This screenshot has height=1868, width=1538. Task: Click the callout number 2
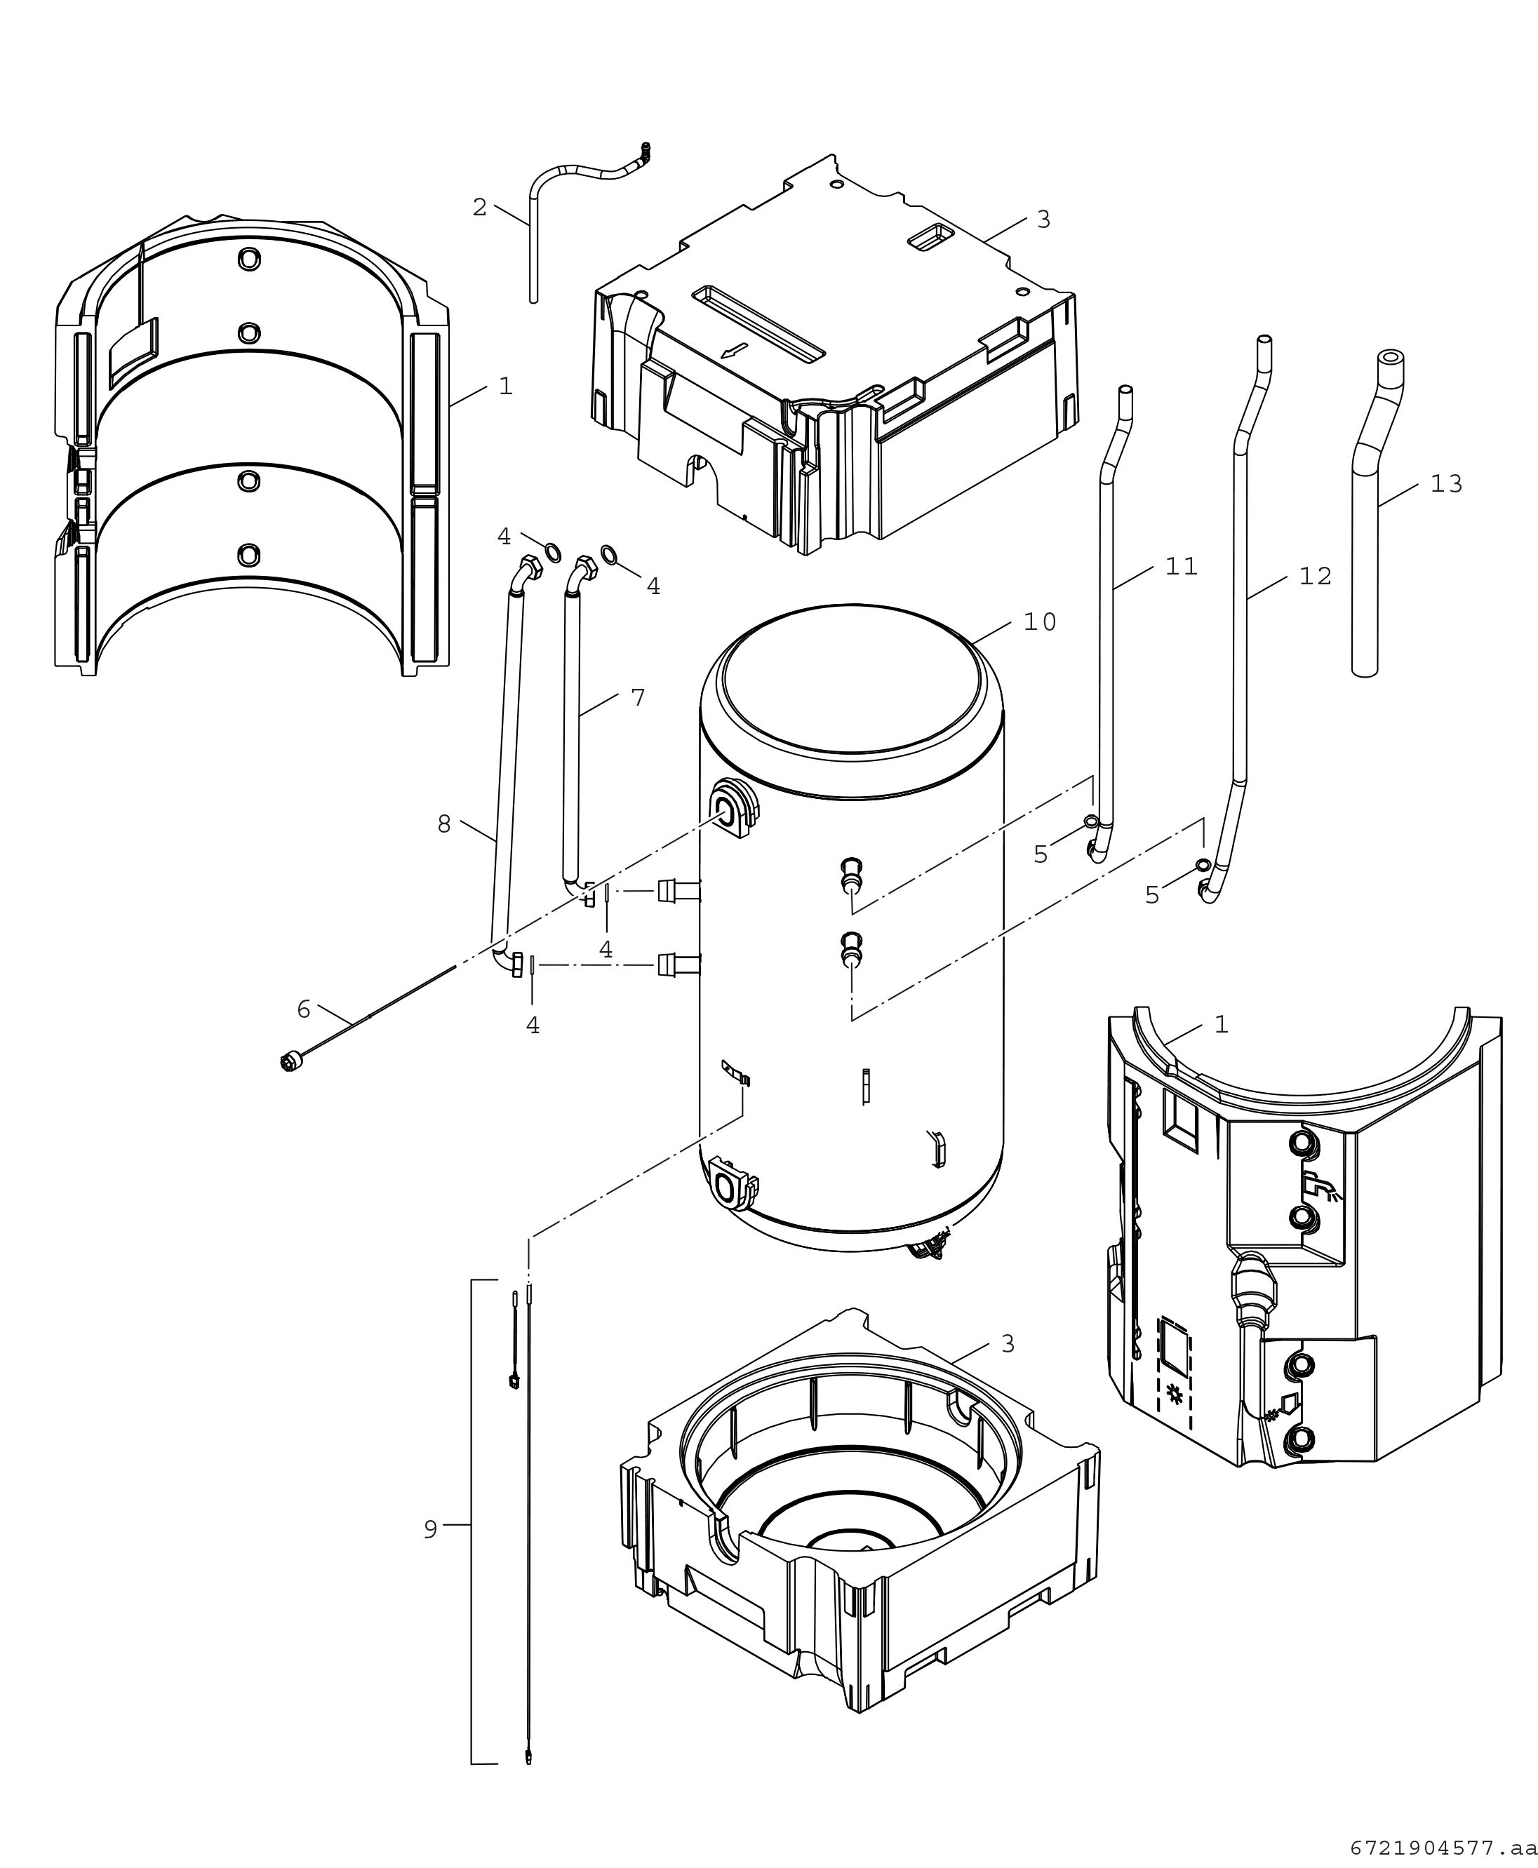point(479,207)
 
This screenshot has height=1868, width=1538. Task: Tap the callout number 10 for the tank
point(1040,623)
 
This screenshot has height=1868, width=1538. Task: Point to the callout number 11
point(1181,567)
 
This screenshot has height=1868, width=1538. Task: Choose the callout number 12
point(1316,577)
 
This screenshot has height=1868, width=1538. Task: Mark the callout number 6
point(304,1009)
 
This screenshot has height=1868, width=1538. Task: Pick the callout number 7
point(638,698)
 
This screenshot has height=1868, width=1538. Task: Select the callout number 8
point(444,825)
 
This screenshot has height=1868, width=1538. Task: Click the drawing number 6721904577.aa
point(1443,1848)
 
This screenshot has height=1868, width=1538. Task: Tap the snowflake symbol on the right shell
point(1176,1394)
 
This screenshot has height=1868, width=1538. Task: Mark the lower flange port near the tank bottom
point(732,1184)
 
